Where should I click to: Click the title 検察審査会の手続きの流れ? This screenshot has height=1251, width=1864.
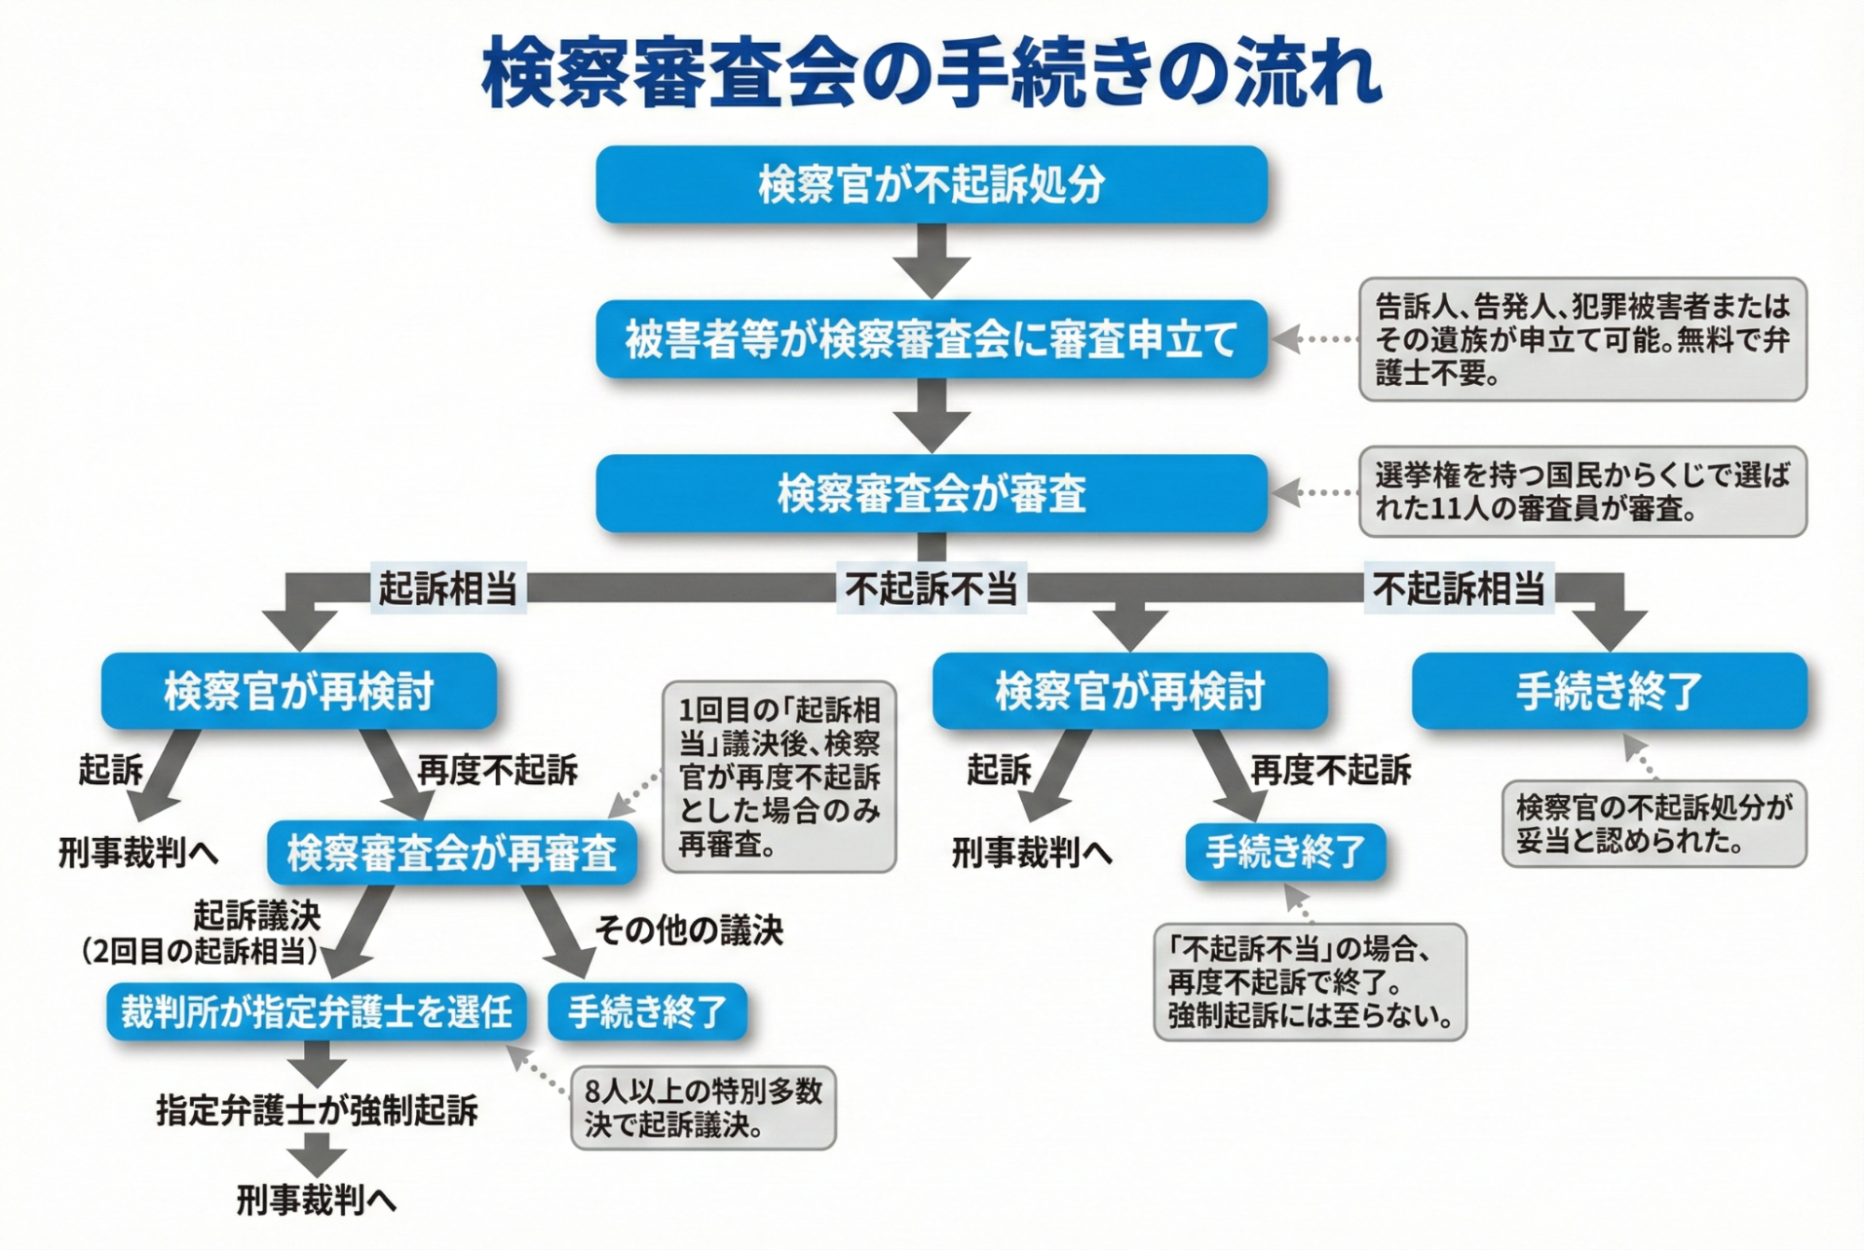click(931, 73)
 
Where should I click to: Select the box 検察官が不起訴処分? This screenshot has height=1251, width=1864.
click(931, 185)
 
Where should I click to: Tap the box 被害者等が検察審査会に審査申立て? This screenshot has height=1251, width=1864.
click(931, 339)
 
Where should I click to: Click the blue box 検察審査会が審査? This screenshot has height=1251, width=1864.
click(931, 494)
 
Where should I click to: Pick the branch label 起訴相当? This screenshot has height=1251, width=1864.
click(448, 588)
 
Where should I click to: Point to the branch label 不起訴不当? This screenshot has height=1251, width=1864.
click(931, 588)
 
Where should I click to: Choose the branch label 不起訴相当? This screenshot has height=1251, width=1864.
click(1458, 588)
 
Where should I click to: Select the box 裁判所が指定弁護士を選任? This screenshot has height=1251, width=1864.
click(316, 1011)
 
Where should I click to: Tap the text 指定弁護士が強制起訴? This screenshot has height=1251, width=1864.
click(317, 1110)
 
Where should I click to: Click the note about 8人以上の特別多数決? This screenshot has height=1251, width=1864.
click(703, 1108)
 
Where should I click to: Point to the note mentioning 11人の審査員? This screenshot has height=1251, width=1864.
click(1581, 491)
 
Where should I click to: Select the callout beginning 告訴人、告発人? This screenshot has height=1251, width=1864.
click(1581, 339)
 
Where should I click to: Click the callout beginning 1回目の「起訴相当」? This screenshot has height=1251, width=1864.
click(779, 777)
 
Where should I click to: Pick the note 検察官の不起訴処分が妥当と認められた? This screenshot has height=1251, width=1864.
click(1653, 824)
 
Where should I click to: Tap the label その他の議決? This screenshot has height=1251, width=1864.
click(688, 930)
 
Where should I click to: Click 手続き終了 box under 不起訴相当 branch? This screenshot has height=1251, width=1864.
click(1609, 691)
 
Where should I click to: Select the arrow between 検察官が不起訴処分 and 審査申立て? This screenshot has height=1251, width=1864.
click(931, 260)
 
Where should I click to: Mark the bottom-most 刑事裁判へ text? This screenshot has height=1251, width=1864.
click(316, 1200)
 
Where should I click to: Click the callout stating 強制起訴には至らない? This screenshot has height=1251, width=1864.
click(1309, 983)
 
